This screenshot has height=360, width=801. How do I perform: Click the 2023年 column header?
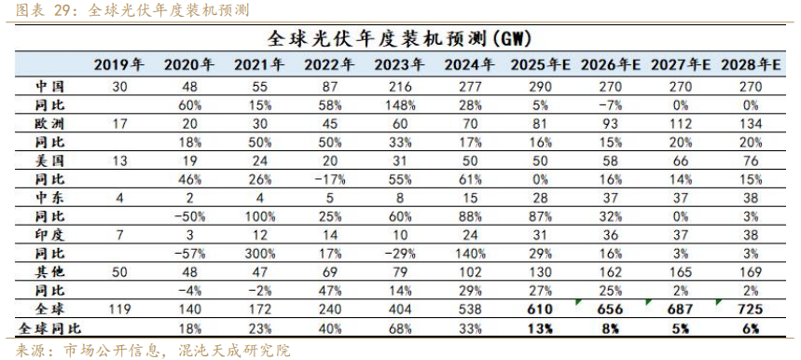(x=399, y=65)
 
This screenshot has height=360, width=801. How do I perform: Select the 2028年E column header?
(x=750, y=65)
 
